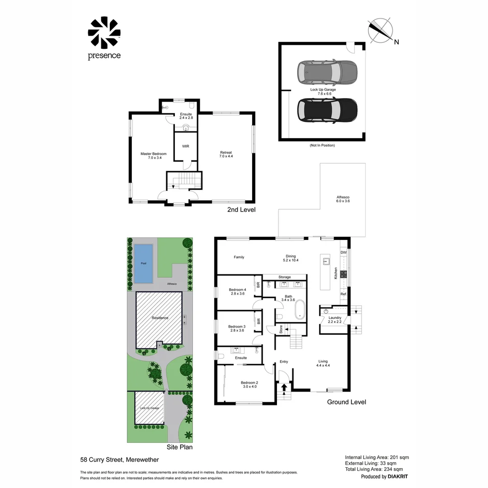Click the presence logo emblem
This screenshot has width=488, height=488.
(104, 33)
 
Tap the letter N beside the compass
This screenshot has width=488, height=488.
(396, 42)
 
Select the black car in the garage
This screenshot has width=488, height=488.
(327, 111)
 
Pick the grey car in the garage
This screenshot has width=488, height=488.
(327, 72)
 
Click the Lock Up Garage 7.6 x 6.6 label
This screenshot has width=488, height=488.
(323, 91)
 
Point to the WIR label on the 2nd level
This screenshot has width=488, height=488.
(186, 146)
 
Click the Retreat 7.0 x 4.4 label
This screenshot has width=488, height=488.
(226, 155)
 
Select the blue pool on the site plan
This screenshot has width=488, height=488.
(144, 263)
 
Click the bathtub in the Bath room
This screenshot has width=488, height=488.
(300, 310)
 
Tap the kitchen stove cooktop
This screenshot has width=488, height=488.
(343, 274)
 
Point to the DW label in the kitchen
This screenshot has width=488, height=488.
(343, 253)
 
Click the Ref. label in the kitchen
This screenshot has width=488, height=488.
(343, 294)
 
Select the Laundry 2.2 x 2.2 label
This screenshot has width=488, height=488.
(335, 319)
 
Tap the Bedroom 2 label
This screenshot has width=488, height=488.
(249, 385)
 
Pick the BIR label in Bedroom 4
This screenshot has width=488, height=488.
(258, 285)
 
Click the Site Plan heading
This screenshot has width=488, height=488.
(179, 447)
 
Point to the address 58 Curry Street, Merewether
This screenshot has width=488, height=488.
(119, 460)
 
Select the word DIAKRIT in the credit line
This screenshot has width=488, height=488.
(398, 477)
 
